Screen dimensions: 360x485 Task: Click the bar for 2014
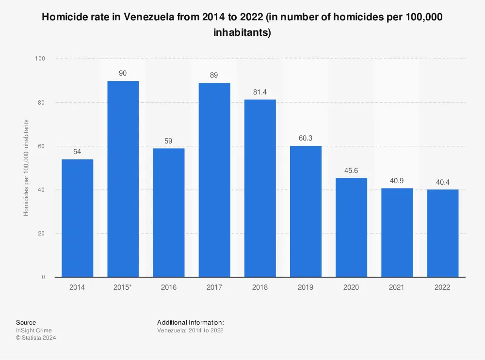[x=77, y=218]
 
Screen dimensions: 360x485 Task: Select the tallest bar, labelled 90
[x=123, y=179]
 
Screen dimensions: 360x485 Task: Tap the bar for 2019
[x=305, y=211]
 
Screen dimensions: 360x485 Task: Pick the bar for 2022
[x=442, y=233]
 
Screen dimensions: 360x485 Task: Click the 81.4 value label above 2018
[x=259, y=91]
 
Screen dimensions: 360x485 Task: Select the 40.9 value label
[x=397, y=180]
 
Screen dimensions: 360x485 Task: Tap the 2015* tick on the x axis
[x=123, y=287]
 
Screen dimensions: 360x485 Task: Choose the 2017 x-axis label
[x=214, y=287]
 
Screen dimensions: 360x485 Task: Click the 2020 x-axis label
[x=351, y=287]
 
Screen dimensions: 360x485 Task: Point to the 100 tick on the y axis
[x=40, y=59]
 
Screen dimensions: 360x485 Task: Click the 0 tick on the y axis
[x=43, y=277]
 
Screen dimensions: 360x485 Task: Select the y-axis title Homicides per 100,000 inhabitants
[x=27, y=168]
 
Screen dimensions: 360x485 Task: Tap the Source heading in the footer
[x=26, y=322]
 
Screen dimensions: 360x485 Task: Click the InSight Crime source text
[x=33, y=330]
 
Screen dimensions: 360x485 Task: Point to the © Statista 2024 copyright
[x=36, y=338]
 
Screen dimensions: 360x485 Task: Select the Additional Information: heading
[x=190, y=322]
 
